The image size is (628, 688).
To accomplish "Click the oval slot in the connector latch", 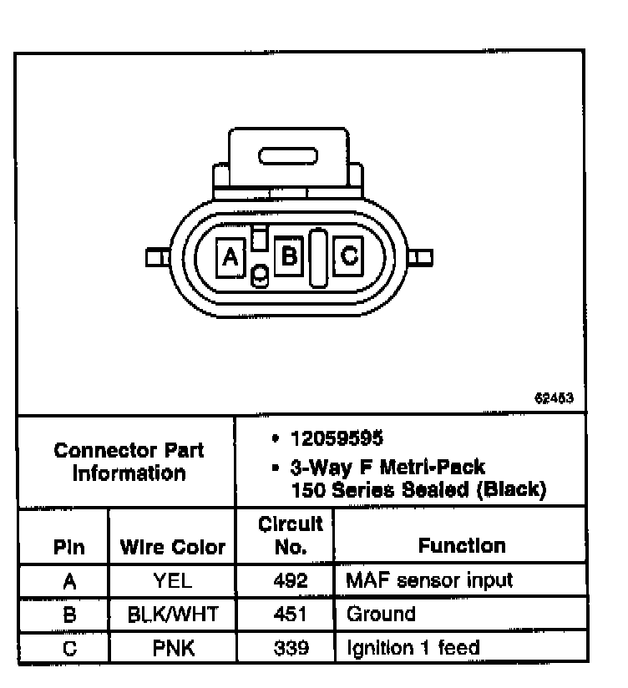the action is coord(288,156).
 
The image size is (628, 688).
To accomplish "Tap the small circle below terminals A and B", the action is coord(261,275).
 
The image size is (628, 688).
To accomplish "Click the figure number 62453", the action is coord(554,397).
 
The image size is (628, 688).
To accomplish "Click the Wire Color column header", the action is coord(173,547).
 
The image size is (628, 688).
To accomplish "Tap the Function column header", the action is coord(462,546).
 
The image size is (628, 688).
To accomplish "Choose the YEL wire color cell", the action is coord(173,580).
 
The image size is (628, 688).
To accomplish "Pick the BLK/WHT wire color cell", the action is coord(173,615).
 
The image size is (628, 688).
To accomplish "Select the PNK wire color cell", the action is coord(173,647).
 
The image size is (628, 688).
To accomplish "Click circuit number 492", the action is coord(286,580).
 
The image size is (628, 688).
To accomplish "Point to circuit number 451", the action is coord(286,615).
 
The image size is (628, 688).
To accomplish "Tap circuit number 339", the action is coord(286,647).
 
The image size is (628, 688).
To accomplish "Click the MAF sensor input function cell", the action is coord(429,580).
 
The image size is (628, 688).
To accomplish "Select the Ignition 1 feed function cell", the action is coord(413,647).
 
